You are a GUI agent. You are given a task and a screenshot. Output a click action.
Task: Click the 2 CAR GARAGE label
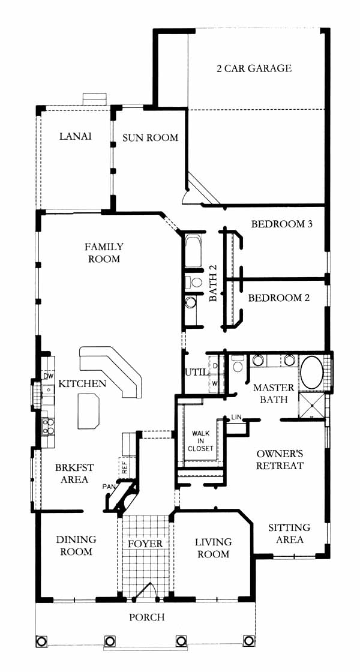pos(254,68)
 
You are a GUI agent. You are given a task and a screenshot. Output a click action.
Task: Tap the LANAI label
pos(76,136)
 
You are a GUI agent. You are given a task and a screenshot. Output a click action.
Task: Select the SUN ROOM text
pos(150,137)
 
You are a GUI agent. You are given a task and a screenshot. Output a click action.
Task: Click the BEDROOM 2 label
pos(278,298)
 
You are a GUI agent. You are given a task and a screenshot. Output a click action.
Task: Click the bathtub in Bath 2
pos(194,251)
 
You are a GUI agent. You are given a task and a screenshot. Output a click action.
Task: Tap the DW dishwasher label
pos(48,376)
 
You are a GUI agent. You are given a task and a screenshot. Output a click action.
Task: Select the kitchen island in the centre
pos(88,412)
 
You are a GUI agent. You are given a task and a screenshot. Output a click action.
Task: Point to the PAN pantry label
pos(108,487)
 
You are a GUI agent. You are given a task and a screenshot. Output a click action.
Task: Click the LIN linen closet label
pos(236,417)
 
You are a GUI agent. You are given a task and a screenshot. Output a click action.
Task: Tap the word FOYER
pos(146,544)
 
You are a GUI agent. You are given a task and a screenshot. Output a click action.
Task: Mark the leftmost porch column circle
pos(41,641)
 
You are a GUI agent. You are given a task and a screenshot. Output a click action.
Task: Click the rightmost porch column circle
pos(248,641)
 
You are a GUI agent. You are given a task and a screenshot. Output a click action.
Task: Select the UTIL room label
pos(195,372)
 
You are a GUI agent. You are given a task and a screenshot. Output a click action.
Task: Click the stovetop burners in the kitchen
pos(48,427)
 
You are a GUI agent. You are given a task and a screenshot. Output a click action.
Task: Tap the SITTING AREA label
pos(290,533)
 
